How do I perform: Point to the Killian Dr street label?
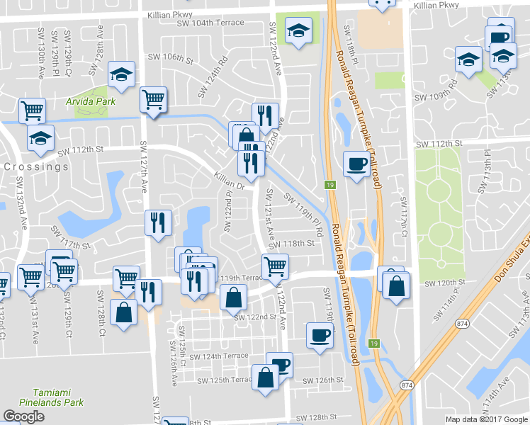pos(229,181)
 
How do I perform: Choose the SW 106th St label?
pos(170,57)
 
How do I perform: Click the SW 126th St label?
pos(322,380)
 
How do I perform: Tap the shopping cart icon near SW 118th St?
pos(275,266)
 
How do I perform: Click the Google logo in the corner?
pos(23,416)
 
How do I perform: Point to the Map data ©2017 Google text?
pos(486,419)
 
